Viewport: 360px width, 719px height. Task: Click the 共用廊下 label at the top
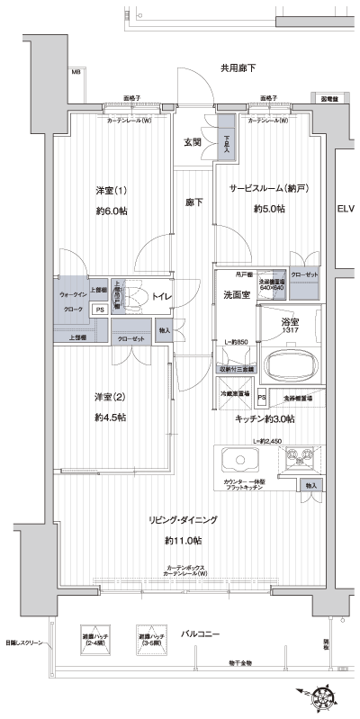(x=238, y=68)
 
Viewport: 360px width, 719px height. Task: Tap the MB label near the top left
(x=76, y=72)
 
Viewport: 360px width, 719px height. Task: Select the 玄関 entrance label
(x=193, y=141)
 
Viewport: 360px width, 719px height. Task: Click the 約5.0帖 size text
(x=268, y=209)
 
